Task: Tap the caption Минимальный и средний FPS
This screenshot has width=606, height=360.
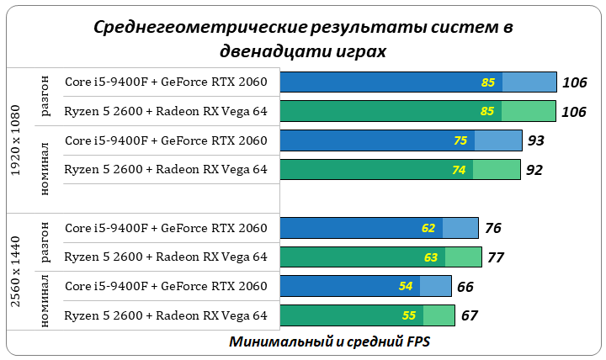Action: [329, 343]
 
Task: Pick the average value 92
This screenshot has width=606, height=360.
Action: [534, 170]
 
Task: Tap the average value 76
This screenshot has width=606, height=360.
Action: [493, 228]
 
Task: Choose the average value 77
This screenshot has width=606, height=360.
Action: [496, 257]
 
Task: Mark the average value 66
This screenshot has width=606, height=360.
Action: [465, 287]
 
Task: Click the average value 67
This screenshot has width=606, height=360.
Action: [470, 316]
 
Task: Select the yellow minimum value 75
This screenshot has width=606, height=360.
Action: [460, 140]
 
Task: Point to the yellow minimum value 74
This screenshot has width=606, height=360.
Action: [459, 170]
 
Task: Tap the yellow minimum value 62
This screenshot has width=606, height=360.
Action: [429, 228]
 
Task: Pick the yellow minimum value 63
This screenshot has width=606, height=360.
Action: [431, 257]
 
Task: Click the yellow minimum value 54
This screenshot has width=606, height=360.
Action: [406, 287]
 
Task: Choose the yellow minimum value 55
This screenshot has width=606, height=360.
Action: [409, 316]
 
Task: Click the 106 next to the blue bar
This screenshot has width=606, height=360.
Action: [574, 82]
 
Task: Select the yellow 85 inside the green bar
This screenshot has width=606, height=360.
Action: [487, 111]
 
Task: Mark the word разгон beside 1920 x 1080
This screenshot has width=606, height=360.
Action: [45, 97]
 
